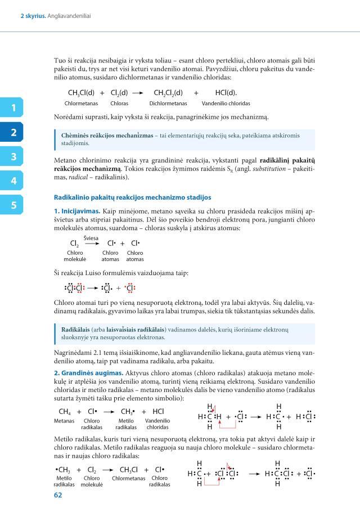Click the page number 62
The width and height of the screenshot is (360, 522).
point(58,495)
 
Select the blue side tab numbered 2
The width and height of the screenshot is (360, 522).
point(13,133)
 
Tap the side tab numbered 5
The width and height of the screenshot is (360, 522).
point(13,205)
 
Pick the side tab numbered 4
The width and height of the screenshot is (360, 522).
point(13,181)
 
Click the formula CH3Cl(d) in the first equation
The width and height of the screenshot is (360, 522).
point(81,93)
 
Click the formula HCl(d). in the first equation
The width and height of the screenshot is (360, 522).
point(226,93)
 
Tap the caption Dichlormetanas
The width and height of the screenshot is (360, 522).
point(168,103)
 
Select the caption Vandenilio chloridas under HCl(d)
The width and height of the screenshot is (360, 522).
point(226,103)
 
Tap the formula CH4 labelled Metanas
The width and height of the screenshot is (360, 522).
point(65,411)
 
